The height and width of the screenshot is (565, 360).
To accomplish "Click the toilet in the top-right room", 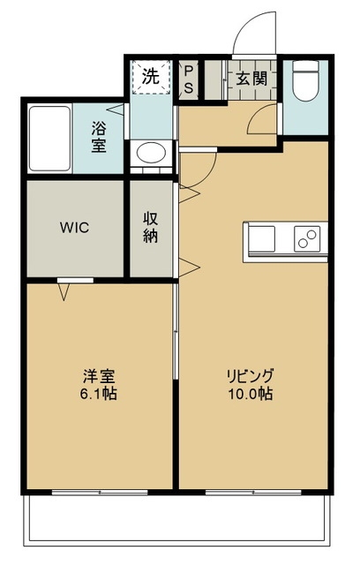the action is click(305, 80).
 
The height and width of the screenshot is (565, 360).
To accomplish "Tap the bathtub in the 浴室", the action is click(49, 139).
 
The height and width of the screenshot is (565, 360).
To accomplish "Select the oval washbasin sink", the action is click(151, 153).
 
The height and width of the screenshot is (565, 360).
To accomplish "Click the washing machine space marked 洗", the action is click(151, 77).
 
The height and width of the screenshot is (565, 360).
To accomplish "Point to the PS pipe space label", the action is click(189, 79).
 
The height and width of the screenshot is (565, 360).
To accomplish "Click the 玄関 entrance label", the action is click(252, 79).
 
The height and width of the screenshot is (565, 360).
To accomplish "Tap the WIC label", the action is click(74, 228).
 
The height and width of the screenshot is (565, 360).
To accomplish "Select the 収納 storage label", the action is click(151, 227).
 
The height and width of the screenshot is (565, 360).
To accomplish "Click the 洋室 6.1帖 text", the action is click(98, 385).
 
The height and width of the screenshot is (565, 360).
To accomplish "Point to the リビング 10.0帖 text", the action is click(250, 385).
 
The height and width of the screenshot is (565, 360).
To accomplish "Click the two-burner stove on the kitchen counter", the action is click(307, 238).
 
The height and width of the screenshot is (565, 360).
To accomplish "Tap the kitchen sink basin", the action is click(262, 239).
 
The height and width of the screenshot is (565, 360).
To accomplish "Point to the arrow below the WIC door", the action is click(64, 292).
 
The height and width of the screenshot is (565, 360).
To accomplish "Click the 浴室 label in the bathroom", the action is click(98, 137).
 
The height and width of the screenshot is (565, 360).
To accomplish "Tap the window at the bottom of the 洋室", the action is click(100, 493).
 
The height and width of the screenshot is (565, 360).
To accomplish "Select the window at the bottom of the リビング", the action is click(253, 493).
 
